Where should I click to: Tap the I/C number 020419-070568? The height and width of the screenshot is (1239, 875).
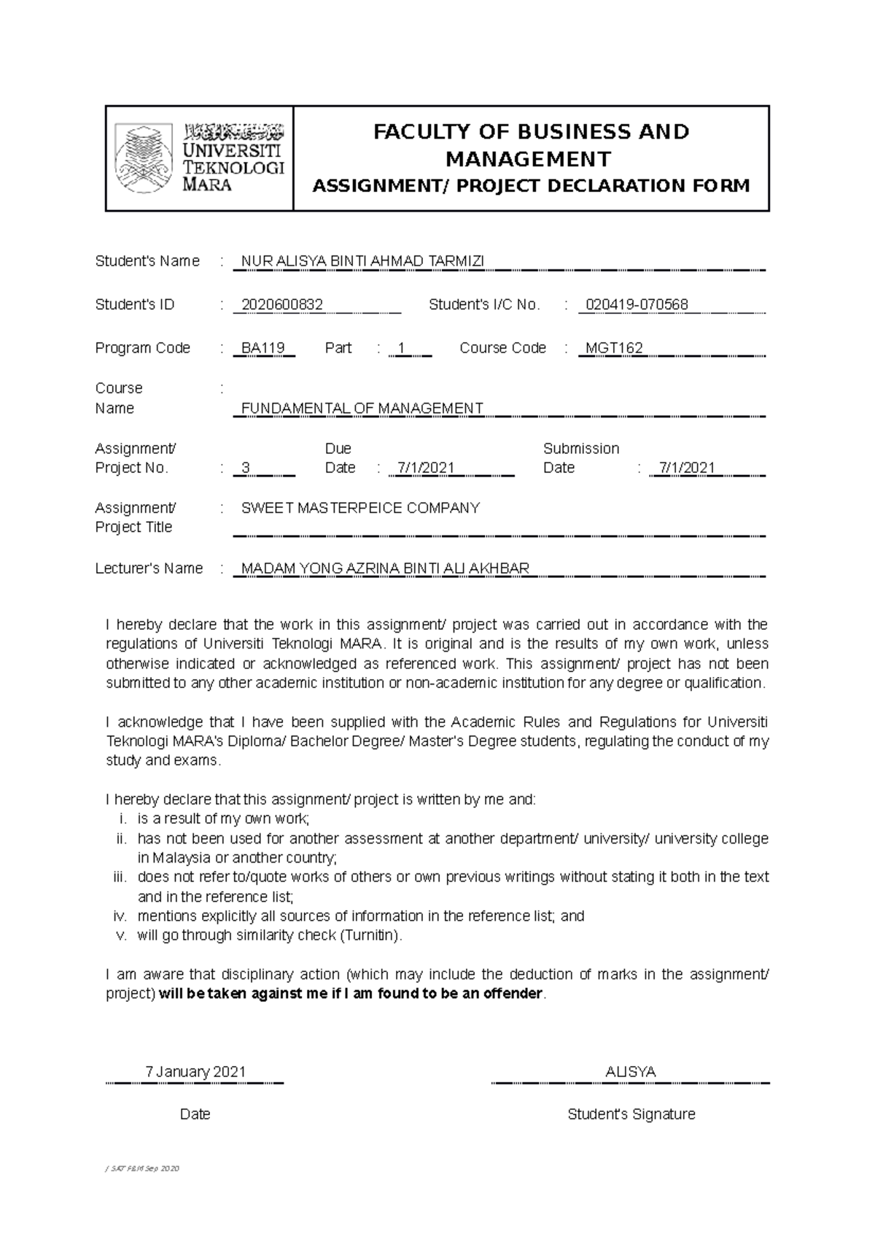coord(637,305)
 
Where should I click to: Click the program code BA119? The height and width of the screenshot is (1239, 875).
coord(262,348)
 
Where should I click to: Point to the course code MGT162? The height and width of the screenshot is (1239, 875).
coord(614,348)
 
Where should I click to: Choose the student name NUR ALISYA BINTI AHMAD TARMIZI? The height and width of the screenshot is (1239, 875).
coord(362,261)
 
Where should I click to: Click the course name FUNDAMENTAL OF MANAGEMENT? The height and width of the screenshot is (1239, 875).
coord(362,409)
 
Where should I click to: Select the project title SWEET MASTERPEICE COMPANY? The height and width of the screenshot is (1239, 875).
coord(360,508)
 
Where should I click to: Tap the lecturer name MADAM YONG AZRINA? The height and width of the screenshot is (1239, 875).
coord(385,568)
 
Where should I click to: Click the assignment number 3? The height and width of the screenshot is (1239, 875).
coord(246,468)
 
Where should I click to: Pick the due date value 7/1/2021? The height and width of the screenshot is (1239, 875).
coord(422,468)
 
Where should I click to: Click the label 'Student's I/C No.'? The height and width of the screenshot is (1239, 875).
coord(484,305)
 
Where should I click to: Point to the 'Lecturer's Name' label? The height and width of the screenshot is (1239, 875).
coord(149,568)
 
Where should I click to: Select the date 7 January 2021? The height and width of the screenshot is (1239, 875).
coord(195,1072)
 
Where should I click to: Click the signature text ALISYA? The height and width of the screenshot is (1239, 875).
coord(631,1072)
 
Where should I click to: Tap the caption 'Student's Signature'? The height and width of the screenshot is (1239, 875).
coord(631,1114)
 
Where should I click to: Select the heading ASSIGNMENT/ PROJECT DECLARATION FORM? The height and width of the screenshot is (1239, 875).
coord(531,186)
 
